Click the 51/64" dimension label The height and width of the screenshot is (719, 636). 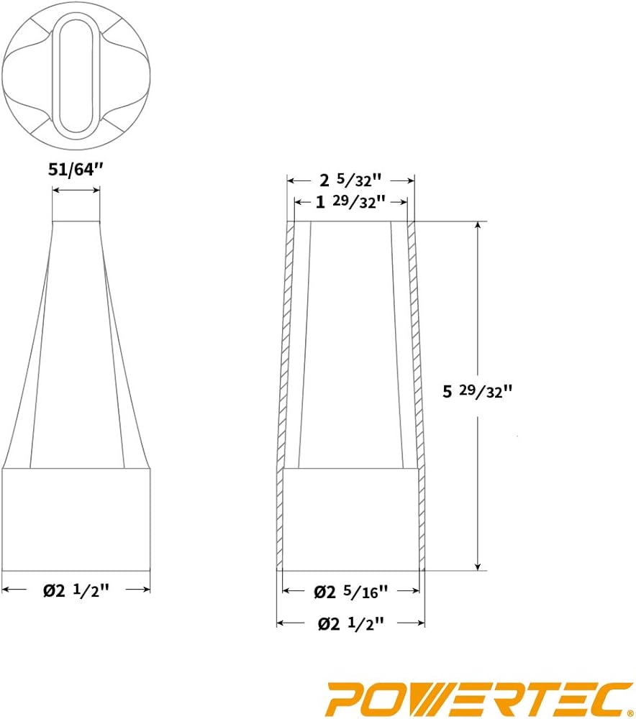coord(76,170)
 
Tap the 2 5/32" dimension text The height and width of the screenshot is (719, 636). coord(350,180)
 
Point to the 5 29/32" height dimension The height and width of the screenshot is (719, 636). coord(477,391)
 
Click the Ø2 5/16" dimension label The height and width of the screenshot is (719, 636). coord(351,592)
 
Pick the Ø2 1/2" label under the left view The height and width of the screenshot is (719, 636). coord(77,590)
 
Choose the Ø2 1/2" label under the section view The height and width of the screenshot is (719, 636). coord(350,623)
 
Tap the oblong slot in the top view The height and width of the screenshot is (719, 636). coord(76,75)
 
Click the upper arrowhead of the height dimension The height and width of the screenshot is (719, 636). coord(478,226)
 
